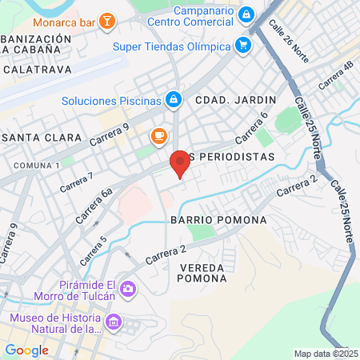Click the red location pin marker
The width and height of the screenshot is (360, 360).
180,163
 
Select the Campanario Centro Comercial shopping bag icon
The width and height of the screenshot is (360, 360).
246,15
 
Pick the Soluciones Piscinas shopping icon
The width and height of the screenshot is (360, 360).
173,100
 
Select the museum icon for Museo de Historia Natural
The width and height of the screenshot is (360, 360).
114,323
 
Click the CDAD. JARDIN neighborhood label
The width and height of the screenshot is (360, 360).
236,100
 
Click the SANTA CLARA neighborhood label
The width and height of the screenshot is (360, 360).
42,138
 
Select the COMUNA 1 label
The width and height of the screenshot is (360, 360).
36,165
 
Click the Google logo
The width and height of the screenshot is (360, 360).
26,350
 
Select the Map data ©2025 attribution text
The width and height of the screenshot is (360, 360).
326,354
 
